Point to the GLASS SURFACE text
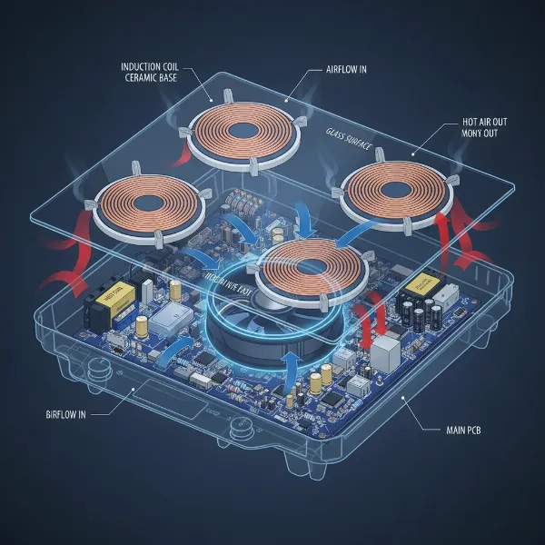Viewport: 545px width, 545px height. [x=349, y=133]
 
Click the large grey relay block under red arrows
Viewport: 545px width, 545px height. [x=389, y=354]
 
